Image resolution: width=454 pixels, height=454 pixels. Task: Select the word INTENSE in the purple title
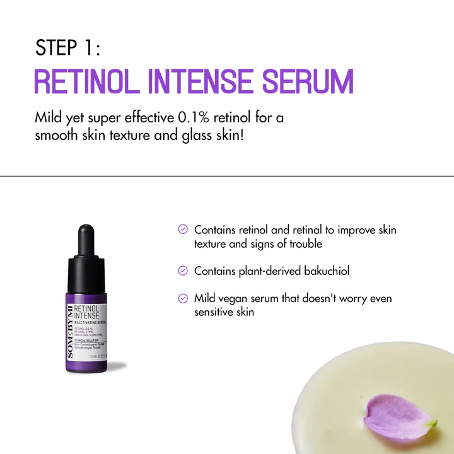click(x=201, y=83)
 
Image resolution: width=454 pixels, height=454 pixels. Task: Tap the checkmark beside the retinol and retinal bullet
click(x=183, y=230)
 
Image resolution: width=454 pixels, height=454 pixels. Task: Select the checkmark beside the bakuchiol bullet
click(x=183, y=271)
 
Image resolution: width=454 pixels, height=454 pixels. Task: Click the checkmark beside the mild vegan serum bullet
click(x=183, y=298)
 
